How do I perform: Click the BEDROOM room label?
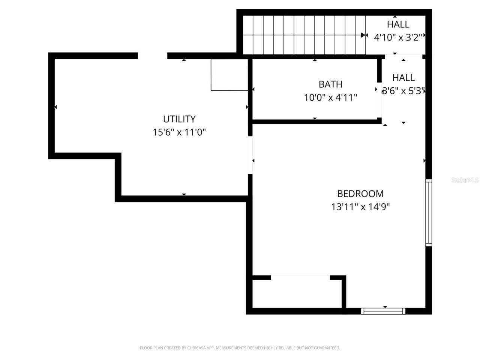[x=360, y=193]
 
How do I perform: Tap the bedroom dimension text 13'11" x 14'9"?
[x=360, y=207]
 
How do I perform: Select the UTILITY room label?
[x=179, y=119]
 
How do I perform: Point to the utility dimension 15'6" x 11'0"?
[x=179, y=132]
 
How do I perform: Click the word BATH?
[x=330, y=84]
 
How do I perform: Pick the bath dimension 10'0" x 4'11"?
[x=330, y=98]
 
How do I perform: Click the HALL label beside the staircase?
[x=398, y=24]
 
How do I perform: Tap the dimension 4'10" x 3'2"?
[x=398, y=37]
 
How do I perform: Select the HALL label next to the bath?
[x=403, y=78]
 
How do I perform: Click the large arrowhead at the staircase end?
[x=363, y=35]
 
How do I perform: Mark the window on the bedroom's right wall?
[x=428, y=213]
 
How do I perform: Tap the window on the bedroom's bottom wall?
[x=383, y=311]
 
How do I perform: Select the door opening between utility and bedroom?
[x=250, y=155]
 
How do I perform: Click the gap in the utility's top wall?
[x=152, y=56]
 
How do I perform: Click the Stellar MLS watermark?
[x=465, y=180]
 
